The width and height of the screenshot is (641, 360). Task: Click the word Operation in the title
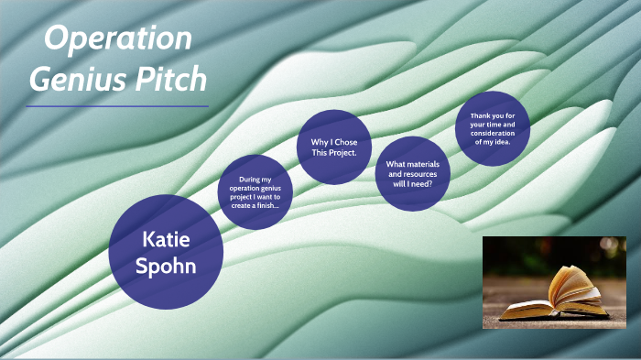[118, 39]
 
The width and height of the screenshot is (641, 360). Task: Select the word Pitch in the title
[175, 81]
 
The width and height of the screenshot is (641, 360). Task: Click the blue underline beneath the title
[117, 106]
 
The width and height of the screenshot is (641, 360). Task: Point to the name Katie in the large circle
[166, 240]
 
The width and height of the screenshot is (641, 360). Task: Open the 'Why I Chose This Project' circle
[334, 147]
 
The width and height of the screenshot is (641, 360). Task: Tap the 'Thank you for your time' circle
[493, 128]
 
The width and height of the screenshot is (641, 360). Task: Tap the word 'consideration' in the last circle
[493, 132]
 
